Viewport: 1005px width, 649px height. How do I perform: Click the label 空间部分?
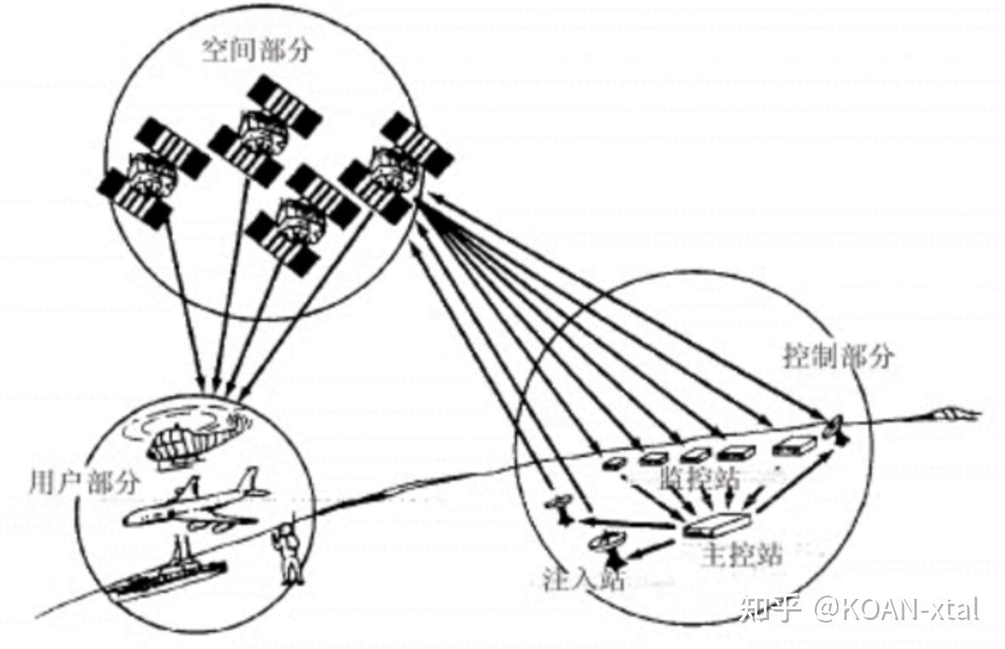(256, 51)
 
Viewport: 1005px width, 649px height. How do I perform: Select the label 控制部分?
(837, 357)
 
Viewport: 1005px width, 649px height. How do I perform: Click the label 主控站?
(743, 557)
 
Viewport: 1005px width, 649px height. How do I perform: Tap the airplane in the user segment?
(197, 506)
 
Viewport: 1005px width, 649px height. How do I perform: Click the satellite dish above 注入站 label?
(609, 545)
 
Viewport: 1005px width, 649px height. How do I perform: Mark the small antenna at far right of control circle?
(834, 428)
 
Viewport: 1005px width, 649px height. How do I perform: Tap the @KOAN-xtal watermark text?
(898, 608)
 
